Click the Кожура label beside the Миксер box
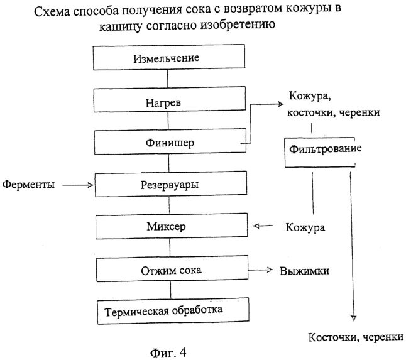click(x=305, y=227)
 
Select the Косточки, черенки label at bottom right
click(x=355, y=337)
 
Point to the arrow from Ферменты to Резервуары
click(x=79, y=185)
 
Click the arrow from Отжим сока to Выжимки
click(x=261, y=271)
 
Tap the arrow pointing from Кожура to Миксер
click(x=262, y=226)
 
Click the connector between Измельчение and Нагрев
click(x=168, y=79)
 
